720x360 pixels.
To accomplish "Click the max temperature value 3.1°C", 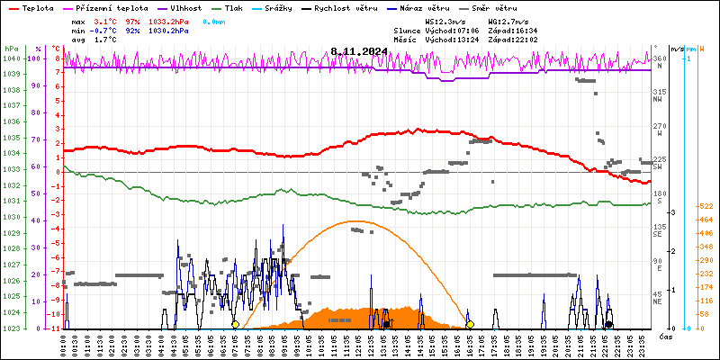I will pyautogui.click(x=106, y=20).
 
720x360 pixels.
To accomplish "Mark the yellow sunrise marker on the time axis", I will pyautogui.click(x=235, y=324).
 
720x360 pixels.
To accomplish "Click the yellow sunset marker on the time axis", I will pyautogui.click(x=470, y=324).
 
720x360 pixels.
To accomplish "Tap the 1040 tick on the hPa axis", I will pyautogui.click(x=11, y=58).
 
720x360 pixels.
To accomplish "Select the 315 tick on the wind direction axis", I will pyautogui.click(x=659, y=92).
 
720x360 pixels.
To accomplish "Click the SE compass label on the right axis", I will pyautogui.click(x=658, y=234).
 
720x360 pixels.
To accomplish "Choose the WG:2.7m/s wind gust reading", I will pyautogui.click(x=508, y=20).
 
